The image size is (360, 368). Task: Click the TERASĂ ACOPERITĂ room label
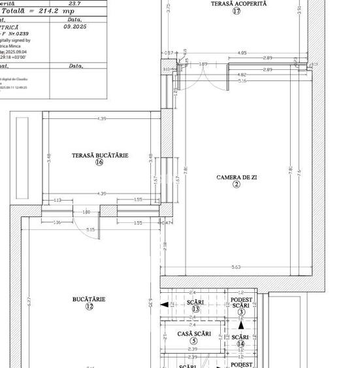(x=238, y=4)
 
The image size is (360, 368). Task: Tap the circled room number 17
(x=236, y=11)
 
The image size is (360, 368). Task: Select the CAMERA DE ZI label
(x=237, y=177)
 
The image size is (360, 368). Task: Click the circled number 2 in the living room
(x=237, y=184)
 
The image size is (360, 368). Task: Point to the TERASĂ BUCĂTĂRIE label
(x=100, y=156)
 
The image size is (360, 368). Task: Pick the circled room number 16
(x=99, y=163)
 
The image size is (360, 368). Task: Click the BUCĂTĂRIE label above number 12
(x=89, y=299)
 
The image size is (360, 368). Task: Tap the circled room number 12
(x=89, y=307)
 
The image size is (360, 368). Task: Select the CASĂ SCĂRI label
(x=194, y=334)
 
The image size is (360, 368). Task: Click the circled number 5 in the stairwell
(x=193, y=341)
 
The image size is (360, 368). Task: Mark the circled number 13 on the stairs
(x=195, y=309)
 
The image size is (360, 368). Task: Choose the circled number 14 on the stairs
(x=240, y=344)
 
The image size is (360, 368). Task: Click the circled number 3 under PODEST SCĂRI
(x=240, y=312)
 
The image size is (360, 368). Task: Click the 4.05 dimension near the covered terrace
(x=242, y=53)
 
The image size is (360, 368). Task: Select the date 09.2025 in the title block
(x=75, y=27)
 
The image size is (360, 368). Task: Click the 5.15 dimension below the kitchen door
(x=90, y=229)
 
